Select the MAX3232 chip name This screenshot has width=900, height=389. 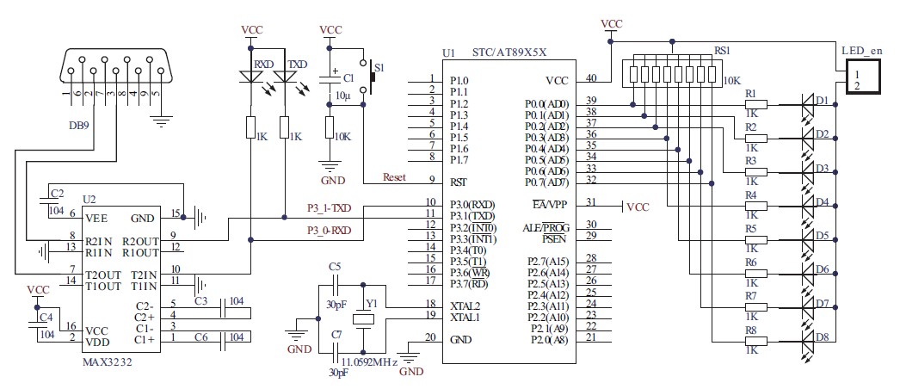(108, 362)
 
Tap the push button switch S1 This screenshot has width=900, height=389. (373, 77)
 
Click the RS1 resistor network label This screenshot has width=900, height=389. (721, 51)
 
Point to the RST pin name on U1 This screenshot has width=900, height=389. (459, 182)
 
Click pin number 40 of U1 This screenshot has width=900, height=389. (591, 78)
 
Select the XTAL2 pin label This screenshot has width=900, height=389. (465, 306)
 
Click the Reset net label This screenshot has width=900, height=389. (394, 177)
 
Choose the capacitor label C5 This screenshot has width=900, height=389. (335, 266)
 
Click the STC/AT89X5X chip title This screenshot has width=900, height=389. (511, 52)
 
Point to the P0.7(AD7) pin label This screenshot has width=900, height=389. (546, 182)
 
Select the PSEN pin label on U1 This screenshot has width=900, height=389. (555, 236)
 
